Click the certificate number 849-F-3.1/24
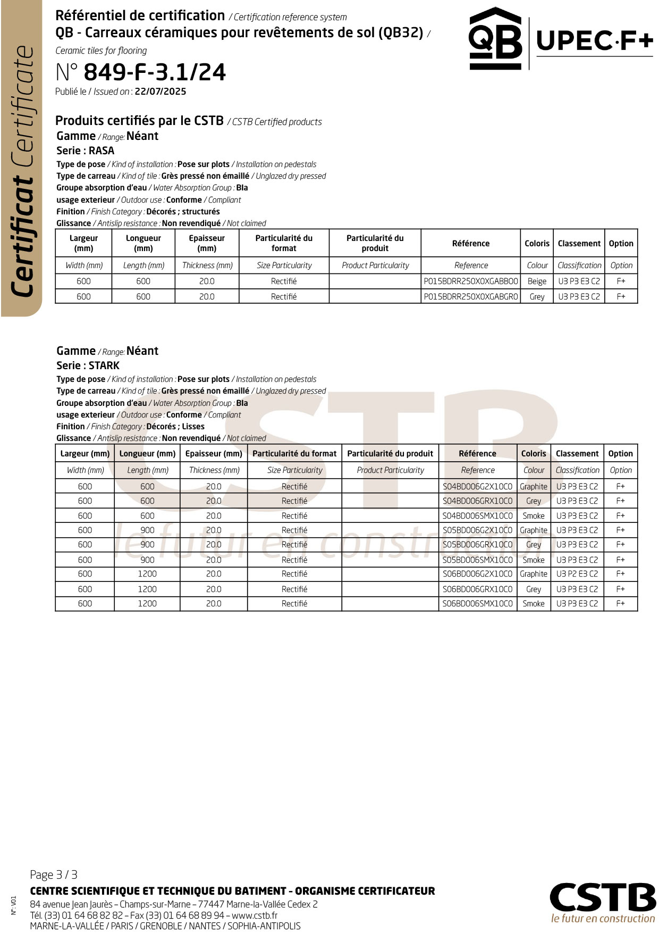[155, 72]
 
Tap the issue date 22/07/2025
[160, 91]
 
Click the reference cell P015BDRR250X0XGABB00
[470, 281]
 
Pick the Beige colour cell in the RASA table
[537, 281]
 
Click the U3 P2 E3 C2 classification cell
[577, 574]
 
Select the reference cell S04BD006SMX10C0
[477, 516]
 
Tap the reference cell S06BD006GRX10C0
[477, 589]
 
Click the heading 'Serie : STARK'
[88, 365]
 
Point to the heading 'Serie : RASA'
[86, 151]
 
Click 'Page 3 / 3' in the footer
[54, 874]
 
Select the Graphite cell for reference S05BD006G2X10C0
[534, 530]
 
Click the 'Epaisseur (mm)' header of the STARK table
[214, 454]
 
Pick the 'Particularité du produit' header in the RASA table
[375, 243]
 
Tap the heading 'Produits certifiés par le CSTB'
[139, 121]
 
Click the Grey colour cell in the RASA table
[537, 297]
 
